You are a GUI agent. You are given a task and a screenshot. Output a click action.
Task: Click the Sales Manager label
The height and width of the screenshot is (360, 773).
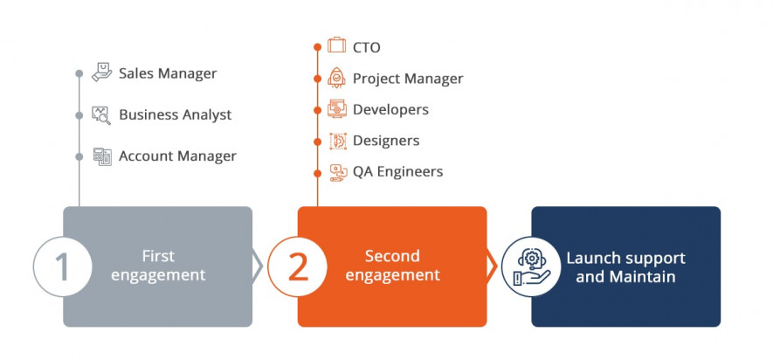tap(168, 73)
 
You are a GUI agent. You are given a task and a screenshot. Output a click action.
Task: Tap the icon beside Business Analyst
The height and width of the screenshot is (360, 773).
tap(101, 115)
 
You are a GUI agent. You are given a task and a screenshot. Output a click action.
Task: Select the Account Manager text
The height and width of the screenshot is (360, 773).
tap(177, 156)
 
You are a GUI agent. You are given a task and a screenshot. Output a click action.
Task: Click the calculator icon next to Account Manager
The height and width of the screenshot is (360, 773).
tap(102, 156)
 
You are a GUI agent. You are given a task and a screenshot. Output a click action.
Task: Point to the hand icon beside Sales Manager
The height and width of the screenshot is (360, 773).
tap(101, 73)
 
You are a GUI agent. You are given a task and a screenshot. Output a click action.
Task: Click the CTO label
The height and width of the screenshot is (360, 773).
tap(366, 47)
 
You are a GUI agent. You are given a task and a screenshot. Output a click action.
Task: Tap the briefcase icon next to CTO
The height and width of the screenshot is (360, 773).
tap(336, 45)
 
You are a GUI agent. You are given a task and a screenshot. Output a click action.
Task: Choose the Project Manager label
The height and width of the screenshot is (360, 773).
tap(408, 79)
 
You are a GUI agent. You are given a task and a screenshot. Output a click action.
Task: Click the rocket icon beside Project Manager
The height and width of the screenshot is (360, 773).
tap(336, 78)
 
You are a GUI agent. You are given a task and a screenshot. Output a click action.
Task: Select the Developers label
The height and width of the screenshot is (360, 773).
tap(390, 109)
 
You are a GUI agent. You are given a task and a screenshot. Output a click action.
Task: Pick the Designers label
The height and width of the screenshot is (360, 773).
tap(386, 141)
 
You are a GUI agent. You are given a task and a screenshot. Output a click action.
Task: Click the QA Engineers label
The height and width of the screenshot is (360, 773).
tap(397, 171)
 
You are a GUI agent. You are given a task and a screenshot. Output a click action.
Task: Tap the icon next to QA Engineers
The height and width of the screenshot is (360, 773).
tap(338, 173)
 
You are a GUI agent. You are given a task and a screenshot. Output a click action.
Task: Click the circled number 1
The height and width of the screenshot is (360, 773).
tap(63, 267)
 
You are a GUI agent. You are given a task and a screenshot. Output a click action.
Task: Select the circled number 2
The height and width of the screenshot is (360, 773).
tap(297, 267)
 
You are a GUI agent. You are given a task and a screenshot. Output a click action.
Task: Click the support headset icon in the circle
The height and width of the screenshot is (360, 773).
tap(531, 267)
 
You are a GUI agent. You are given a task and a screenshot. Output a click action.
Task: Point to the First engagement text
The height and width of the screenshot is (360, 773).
tap(158, 266)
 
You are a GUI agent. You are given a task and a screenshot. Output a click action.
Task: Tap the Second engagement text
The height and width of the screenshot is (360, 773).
tap(392, 266)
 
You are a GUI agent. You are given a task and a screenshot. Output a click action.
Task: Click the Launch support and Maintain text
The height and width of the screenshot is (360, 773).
tap(625, 267)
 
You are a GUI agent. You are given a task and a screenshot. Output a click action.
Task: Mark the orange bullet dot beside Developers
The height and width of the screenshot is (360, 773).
tap(317, 110)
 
